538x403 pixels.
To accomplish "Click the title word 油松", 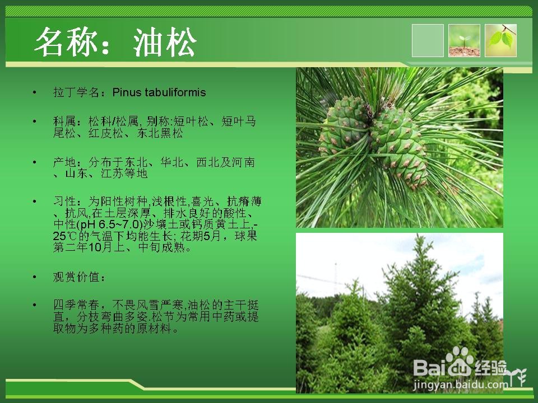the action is tap(165, 42).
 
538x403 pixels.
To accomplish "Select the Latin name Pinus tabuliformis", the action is tap(159, 92).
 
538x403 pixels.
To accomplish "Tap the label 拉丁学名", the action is tap(76, 92).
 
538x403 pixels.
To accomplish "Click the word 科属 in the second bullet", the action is tap(64, 121).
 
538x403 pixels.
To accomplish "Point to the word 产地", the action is tap(64, 162).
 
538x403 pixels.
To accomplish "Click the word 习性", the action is tap(64, 201).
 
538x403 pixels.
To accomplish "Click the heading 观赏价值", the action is tap(76, 277).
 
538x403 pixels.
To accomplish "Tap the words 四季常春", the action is tap(76, 305).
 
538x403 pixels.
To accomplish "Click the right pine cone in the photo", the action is tap(400, 146).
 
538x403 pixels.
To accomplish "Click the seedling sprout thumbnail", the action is tap(464, 40).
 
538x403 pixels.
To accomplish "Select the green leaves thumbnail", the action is tap(500, 40).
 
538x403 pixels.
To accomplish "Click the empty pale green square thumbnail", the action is tap(428, 40).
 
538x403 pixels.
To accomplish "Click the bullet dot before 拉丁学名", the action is tap(34, 92).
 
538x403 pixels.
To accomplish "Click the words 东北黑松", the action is tap(160, 133).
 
